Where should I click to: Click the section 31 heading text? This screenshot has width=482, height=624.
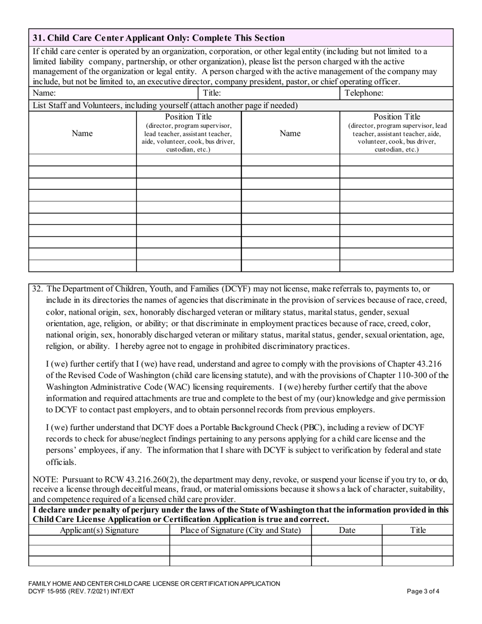[158, 38]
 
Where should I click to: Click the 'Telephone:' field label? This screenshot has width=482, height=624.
[364, 93]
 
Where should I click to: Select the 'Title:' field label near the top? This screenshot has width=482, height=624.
[212, 93]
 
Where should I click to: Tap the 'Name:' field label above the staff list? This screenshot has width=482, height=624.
[44, 93]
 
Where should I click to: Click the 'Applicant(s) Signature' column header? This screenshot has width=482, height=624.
[99, 530]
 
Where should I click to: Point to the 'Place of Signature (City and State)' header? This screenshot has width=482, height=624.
[240, 530]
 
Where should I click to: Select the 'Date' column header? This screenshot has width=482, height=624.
[347, 530]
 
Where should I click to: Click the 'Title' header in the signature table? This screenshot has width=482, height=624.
[418, 530]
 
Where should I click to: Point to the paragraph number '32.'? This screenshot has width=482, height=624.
[38, 289]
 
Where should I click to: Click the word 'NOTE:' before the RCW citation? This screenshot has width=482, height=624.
[44, 479]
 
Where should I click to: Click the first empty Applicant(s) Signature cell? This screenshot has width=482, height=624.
[99, 540]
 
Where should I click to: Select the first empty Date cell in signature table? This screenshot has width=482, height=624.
[347, 540]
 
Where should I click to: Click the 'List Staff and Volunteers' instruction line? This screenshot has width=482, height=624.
[165, 106]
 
